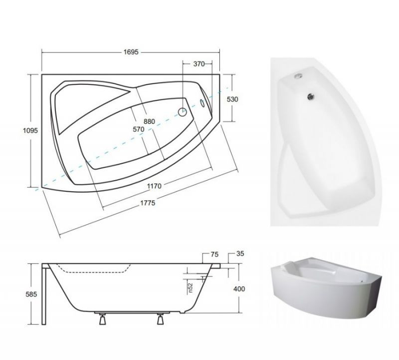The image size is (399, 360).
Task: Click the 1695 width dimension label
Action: click(131, 52)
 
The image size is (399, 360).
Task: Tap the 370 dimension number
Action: click(199, 64)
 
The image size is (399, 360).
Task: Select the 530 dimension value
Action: click(232, 99)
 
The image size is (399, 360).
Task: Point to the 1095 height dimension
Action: click(30, 131)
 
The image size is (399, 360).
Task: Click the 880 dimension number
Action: click(149, 121)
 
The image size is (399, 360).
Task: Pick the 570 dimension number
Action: click(139, 129)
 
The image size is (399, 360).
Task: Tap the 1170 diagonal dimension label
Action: click(154, 186)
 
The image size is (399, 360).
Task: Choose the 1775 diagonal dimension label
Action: click(148, 203)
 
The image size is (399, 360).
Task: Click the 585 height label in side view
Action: click(31, 294)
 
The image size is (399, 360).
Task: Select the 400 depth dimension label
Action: click(239, 289)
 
